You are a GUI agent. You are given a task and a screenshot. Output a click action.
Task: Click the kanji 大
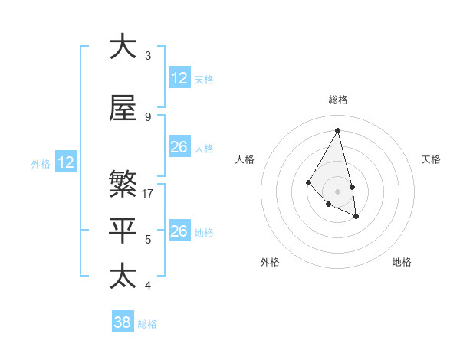123,47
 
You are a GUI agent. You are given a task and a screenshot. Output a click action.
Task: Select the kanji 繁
123,185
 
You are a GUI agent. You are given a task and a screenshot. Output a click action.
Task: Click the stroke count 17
149,193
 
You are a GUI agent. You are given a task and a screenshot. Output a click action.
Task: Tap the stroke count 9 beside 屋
148,117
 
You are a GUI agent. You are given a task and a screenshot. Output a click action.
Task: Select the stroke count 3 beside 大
148,55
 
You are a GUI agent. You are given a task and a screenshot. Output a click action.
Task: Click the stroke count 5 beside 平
148,240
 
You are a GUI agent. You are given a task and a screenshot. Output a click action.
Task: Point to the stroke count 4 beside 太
148,286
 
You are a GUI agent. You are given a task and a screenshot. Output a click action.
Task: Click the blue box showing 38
123,322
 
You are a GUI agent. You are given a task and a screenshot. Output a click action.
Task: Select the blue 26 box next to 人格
179,147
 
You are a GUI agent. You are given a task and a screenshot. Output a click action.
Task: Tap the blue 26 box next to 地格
179,231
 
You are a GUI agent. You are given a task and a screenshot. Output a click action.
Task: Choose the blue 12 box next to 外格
66,162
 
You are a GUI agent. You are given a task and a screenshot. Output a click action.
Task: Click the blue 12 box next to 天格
179,78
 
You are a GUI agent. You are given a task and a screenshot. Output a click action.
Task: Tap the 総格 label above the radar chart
337,100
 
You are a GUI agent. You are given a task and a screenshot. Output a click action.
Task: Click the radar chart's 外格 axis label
270,262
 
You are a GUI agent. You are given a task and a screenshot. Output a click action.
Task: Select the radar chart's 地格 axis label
402,262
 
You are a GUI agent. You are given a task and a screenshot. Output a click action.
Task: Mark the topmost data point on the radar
337,130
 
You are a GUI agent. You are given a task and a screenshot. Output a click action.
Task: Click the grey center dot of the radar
337,191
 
